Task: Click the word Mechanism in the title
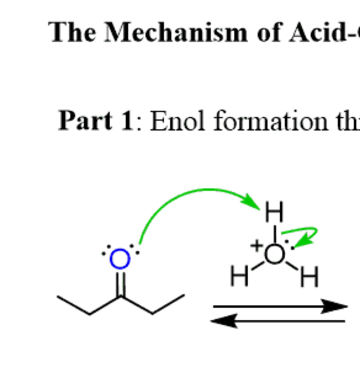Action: click(176, 33)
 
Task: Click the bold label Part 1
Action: click(96, 121)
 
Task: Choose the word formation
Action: click(270, 121)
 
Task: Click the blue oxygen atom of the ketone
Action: click(120, 259)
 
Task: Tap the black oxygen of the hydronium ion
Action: click(274, 254)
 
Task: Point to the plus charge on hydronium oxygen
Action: click(256, 246)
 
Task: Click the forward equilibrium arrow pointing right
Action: click(281, 306)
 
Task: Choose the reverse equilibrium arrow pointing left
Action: click(278, 321)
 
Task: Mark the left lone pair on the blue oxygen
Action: click(106, 250)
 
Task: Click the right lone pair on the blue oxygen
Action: click(135, 249)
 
